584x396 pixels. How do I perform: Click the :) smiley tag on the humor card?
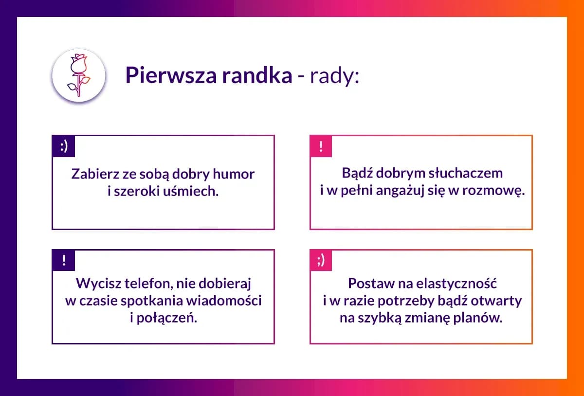coord(64,146)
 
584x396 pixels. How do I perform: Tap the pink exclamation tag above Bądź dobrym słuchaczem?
coord(321,146)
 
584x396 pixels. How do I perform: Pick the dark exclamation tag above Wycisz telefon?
coord(64,260)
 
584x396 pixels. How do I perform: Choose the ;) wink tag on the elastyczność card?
coord(321,261)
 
